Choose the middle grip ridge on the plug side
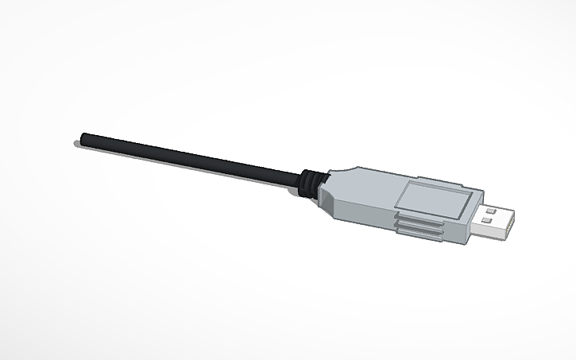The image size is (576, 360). pos(419,228)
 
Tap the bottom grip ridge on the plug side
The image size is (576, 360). pos(419,235)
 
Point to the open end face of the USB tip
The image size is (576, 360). pos(510,226)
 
